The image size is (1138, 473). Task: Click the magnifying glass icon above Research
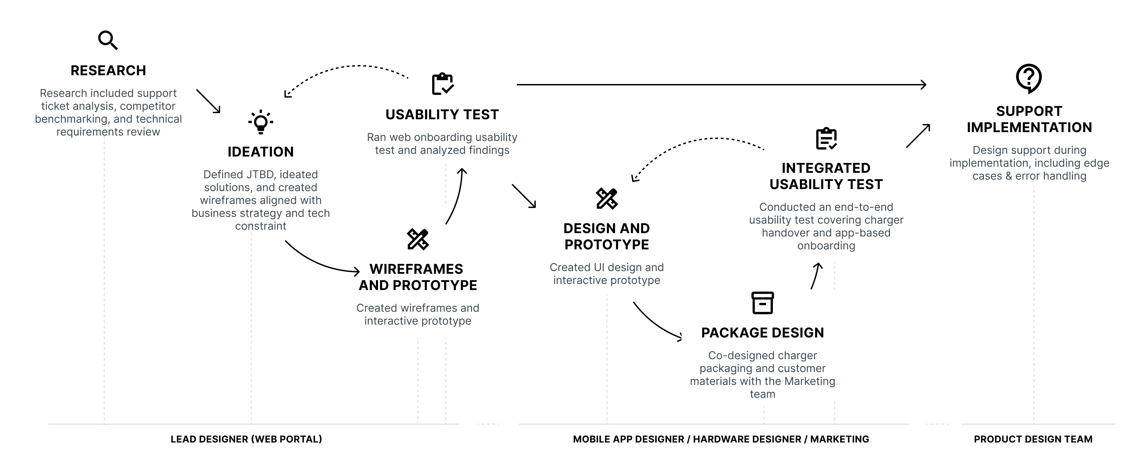pyautogui.click(x=108, y=40)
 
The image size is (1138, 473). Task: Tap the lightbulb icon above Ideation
pyautogui.click(x=261, y=122)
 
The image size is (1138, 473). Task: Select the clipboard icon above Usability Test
pyautogui.click(x=442, y=84)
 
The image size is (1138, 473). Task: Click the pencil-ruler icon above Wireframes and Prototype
pyautogui.click(x=418, y=239)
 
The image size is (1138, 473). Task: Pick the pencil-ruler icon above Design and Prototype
pyautogui.click(x=607, y=199)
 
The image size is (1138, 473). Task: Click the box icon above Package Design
pyautogui.click(x=762, y=303)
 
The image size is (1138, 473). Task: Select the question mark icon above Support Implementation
pyautogui.click(x=1029, y=78)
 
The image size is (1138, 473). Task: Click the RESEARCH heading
pyautogui.click(x=108, y=71)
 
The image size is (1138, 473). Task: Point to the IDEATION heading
pyautogui.click(x=261, y=152)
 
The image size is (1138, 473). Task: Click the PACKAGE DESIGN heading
pyautogui.click(x=762, y=333)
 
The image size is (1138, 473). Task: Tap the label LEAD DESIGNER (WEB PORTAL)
pyautogui.click(x=246, y=439)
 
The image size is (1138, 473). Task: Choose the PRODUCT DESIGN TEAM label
pyautogui.click(x=1033, y=439)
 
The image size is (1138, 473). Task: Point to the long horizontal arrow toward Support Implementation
pyautogui.click(x=720, y=84)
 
